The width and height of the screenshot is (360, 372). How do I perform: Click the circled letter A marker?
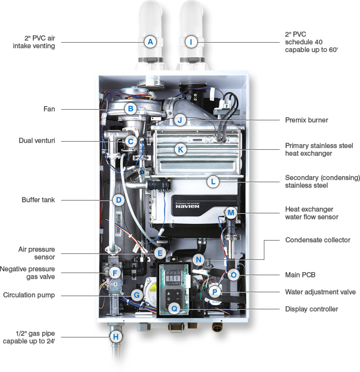tap(150, 42)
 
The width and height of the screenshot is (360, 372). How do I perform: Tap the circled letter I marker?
tap(191, 42)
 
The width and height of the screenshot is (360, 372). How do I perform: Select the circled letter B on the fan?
tap(131, 109)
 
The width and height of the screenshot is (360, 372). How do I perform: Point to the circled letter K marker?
tap(180, 149)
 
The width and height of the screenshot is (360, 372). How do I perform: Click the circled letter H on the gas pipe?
tap(115, 337)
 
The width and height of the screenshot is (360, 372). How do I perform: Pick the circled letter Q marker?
tap(174, 309)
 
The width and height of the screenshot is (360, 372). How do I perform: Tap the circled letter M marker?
tap(231, 212)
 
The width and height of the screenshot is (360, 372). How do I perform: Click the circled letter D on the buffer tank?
tap(119, 200)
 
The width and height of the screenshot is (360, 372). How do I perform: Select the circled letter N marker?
tap(197, 259)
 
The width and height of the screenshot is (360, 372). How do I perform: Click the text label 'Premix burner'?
tap(307, 120)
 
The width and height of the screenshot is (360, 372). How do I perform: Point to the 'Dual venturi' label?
tap(37, 140)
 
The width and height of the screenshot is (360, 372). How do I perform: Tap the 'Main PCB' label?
tap(300, 275)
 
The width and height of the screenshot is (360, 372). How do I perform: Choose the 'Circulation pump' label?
tap(29, 295)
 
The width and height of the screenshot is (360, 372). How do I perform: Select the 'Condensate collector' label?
tap(318, 240)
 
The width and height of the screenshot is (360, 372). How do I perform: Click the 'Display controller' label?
tap(312, 309)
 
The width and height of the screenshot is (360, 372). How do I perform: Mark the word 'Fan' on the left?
tap(49, 109)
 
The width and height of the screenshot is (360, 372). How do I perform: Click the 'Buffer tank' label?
tap(39, 200)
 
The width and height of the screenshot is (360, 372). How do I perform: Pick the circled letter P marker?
tap(215, 292)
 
